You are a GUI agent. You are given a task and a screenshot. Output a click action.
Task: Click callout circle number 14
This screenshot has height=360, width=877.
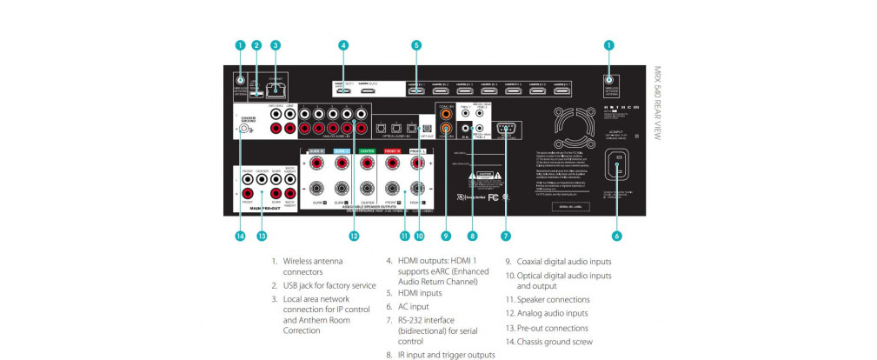(x=240, y=236)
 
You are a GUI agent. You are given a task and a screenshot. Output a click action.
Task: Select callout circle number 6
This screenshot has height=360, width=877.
(x=616, y=236)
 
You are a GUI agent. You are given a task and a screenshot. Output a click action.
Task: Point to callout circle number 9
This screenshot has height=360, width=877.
(x=446, y=236)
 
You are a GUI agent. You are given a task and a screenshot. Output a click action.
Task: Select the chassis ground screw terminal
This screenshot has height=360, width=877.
(x=245, y=129)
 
